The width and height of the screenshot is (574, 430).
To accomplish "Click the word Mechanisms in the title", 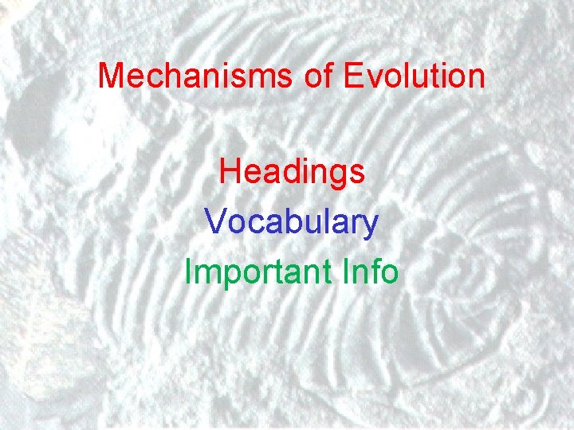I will pos(196,76).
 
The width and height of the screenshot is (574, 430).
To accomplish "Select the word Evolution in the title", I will pos(415,76).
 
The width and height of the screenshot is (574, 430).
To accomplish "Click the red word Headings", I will pos(292,172).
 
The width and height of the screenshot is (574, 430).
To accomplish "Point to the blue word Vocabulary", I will pos(291,222).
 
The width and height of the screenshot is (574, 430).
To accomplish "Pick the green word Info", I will pos(370,272).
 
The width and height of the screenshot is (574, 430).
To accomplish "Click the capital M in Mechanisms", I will pos(110,76).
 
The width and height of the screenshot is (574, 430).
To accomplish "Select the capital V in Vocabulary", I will pos(214,222).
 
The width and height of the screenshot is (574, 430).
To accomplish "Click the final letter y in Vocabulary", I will pos(371,226).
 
